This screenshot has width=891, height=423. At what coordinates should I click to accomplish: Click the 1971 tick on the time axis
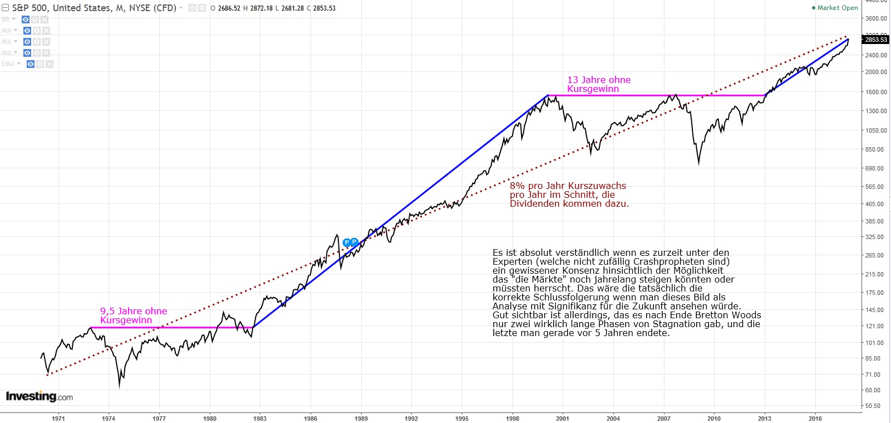tap(58, 418)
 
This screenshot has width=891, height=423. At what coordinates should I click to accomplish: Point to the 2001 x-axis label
tap(563, 418)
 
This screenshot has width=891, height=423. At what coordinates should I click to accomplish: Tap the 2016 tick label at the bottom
tap(815, 418)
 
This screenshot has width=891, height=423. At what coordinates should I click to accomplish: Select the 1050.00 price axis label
tap(876, 130)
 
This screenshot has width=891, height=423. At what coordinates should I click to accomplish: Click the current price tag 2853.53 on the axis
tap(876, 40)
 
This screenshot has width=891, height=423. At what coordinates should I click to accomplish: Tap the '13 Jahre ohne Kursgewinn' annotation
tap(598, 84)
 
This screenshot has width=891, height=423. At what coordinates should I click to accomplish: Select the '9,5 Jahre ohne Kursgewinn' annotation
tap(133, 315)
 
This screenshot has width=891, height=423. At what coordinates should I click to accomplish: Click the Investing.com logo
tap(39, 396)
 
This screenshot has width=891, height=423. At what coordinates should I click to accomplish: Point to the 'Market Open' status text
tap(837, 8)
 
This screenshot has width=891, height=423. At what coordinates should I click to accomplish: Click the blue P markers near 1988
tap(351, 242)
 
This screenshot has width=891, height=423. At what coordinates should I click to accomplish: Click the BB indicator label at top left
tap(6, 20)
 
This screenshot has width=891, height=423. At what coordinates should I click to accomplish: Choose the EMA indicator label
tap(8, 64)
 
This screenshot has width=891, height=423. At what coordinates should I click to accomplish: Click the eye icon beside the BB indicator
tap(26, 20)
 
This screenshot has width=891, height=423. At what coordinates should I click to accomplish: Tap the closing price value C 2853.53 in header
tap(321, 8)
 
